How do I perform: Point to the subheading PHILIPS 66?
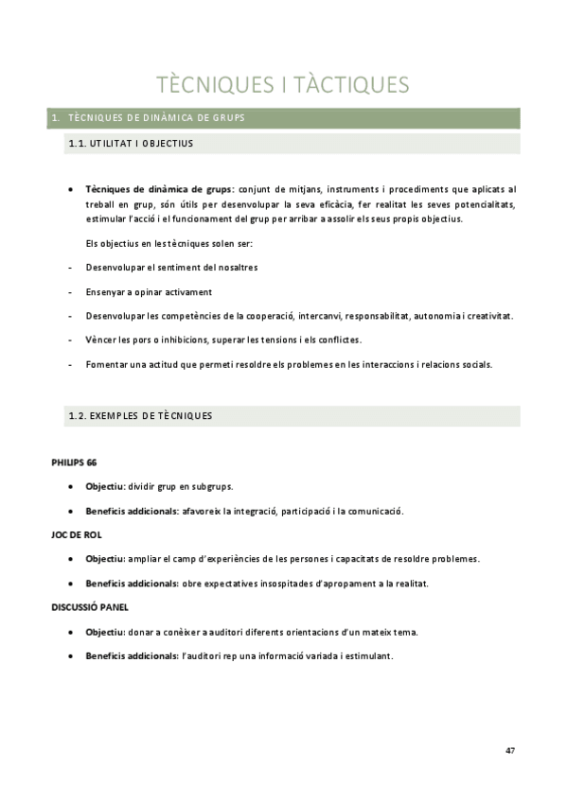[x=73, y=462]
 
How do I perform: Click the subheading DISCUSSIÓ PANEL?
[x=89, y=606]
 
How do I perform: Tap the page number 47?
[x=510, y=750]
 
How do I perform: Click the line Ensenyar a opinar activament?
[x=149, y=292]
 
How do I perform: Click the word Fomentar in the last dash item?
[x=105, y=364]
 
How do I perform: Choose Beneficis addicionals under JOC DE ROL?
[x=132, y=584]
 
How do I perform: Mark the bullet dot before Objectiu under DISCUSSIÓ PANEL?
[x=73, y=632]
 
